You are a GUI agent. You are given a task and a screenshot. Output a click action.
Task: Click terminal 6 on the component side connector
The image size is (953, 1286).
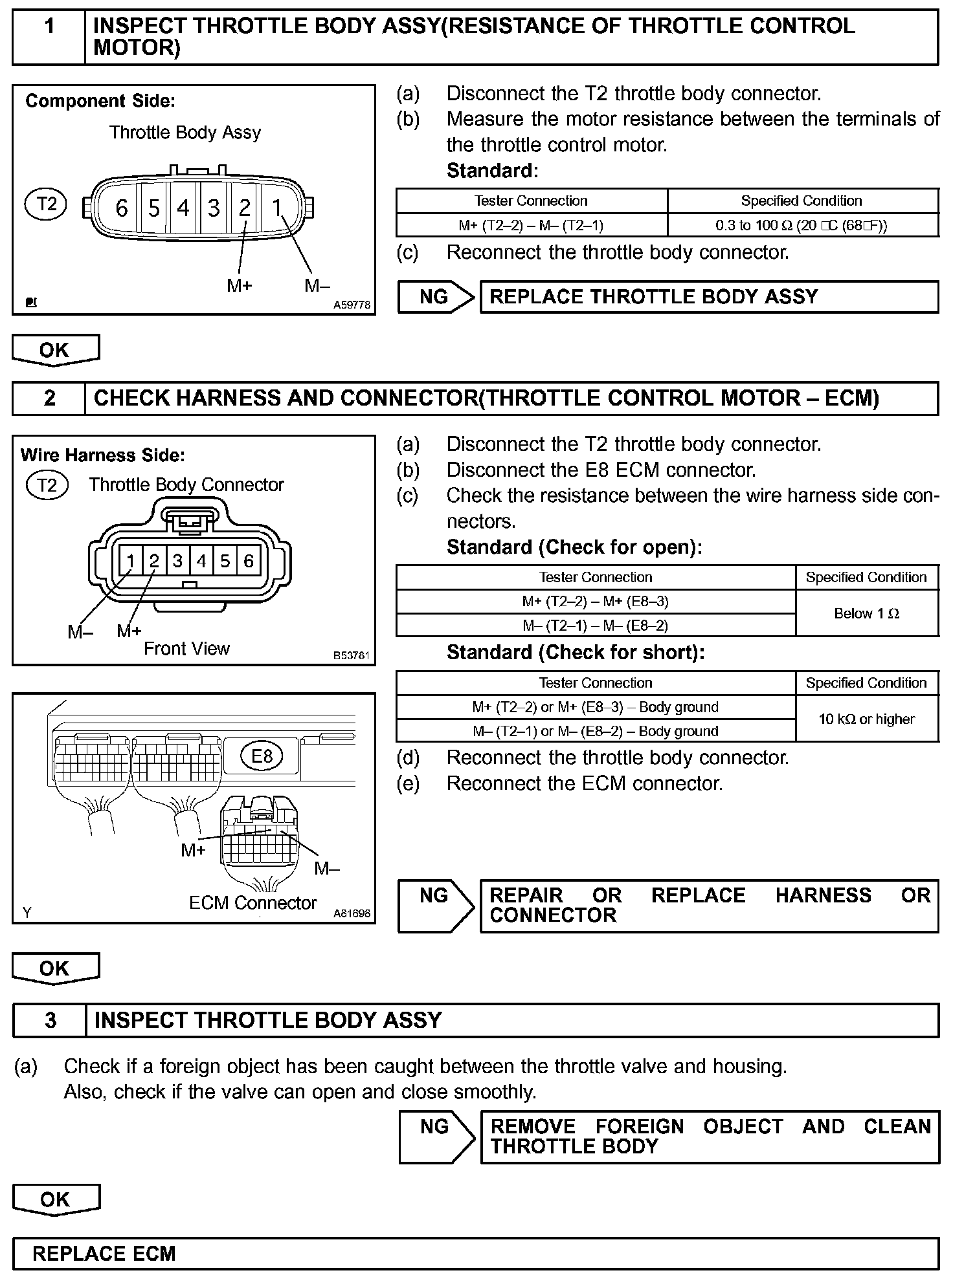coord(121,208)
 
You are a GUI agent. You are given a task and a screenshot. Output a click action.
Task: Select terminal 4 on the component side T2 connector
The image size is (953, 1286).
coord(183,208)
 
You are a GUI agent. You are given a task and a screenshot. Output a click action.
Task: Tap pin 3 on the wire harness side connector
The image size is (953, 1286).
coord(177,560)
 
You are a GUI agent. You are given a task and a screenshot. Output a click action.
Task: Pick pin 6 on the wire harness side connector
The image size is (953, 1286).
coord(248,560)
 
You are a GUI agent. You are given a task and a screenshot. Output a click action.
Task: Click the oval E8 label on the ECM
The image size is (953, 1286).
coord(262,756)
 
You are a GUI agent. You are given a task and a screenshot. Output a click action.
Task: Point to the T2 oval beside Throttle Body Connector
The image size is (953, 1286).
coord(47,485)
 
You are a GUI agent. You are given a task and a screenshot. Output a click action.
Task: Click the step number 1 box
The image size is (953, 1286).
coord(49,38)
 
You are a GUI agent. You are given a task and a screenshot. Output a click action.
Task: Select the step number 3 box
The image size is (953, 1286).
coord(50,1020)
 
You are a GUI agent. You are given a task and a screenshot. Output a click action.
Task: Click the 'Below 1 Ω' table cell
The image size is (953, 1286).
coord(866,613)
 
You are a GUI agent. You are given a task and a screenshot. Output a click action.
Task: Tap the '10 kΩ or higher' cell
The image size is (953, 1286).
coord(866,719)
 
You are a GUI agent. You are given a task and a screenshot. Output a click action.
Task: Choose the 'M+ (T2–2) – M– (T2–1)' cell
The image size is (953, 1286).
coord(531,225)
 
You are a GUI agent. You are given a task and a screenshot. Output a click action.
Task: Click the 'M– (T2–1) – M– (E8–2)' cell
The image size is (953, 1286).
coord(595,625)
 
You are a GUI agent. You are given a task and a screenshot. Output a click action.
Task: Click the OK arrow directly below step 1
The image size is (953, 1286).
coord(55,350)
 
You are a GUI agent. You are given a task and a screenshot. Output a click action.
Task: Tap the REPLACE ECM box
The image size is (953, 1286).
coord(475,1253)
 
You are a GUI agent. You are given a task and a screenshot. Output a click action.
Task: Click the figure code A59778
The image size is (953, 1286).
coord(352,305)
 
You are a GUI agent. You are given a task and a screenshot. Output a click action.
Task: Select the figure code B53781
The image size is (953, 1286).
coord(352,655)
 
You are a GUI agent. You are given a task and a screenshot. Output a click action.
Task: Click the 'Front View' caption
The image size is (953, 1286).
coord(186,648)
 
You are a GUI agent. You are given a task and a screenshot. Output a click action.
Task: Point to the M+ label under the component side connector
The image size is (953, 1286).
coord(239,285)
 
